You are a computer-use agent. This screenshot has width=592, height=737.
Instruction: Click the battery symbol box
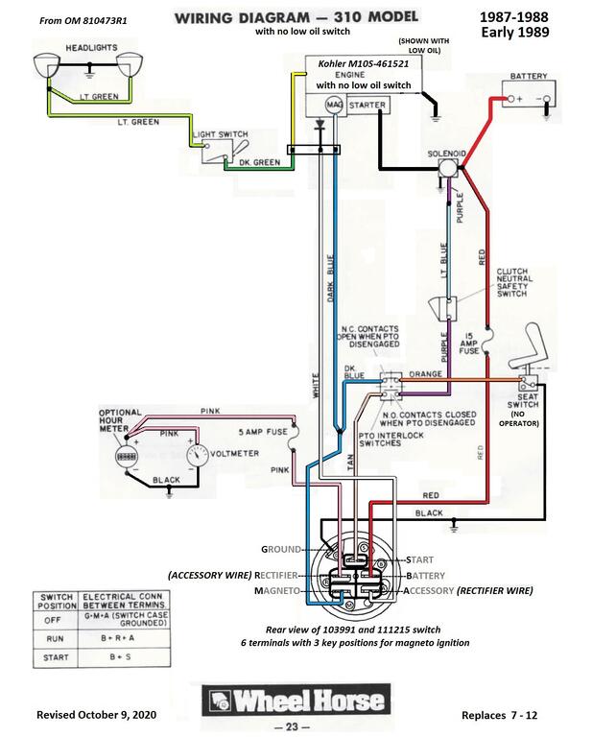530,98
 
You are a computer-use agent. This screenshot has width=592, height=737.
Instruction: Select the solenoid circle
447,167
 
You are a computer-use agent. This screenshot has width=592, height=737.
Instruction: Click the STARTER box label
367,104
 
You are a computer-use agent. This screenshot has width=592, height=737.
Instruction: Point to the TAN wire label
350,462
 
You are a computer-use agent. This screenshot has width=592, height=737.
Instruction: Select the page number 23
293,726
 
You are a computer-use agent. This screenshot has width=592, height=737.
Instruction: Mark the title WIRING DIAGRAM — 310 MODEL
289,17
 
